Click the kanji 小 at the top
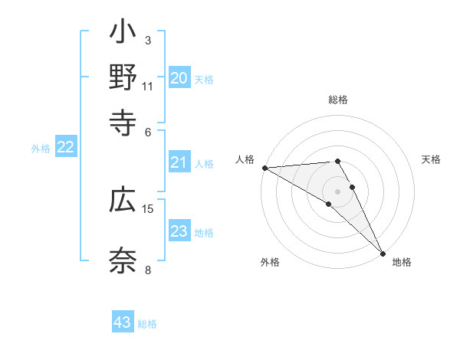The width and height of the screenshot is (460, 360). pos(123,34)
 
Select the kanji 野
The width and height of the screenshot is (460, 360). pos(123,79)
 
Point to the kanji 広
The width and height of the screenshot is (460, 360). pos(123,200)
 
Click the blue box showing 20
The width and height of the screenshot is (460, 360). pos(179,78)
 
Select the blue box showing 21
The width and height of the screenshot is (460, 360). pos(179,162)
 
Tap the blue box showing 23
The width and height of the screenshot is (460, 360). pos(179,231)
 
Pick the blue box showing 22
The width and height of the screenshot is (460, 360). pos(65,148)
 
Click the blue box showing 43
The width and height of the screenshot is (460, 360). pos(123,322)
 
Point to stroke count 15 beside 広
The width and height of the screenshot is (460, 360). pos(148,208)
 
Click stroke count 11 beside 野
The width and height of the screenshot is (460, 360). pos(148,87)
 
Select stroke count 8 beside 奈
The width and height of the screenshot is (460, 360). pos(148,269)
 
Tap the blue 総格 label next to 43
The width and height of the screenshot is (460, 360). pos(147,324)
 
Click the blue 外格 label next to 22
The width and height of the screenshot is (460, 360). pos(41,149)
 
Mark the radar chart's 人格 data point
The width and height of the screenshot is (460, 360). pos(264,168)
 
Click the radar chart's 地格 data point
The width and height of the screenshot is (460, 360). pos(383,252)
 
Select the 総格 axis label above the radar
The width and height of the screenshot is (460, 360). pos(338,100)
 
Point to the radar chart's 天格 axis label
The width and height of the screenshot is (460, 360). pos(432,159)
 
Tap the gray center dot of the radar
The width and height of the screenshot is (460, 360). pos(338,190)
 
